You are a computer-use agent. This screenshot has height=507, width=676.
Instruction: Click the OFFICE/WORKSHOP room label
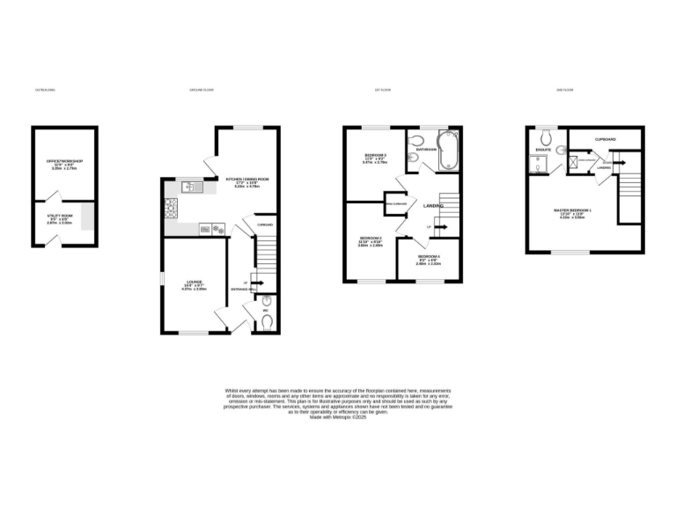coord(64,161)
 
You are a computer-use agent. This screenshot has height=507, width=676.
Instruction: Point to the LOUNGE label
coord(194,283)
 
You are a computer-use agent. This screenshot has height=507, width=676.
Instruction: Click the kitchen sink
coord(190,186)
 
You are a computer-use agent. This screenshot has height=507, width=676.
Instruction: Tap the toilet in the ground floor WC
coord(267,321)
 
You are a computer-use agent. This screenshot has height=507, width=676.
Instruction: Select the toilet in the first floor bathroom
coord(416,139)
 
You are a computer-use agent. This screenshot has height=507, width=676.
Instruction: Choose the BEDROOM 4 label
coord(429,255)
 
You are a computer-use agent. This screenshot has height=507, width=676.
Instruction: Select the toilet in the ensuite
coord(545,138)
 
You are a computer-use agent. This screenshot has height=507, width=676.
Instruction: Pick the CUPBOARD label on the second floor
coord(605,139)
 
